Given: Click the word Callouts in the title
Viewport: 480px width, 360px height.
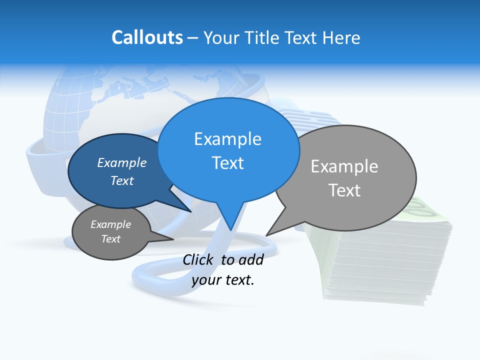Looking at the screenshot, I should pos(147,37).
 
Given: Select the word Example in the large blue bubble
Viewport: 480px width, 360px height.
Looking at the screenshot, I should pos(227,139).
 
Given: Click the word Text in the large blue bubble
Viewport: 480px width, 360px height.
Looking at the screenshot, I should pos(227,163).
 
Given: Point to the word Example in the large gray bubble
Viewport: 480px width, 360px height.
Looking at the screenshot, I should pos(344,166).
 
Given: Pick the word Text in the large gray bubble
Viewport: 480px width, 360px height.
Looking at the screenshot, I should pos(344,190).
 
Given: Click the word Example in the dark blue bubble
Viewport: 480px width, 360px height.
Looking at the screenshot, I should pos(122,162).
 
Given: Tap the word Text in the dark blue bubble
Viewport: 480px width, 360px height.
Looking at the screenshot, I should pos(122,180).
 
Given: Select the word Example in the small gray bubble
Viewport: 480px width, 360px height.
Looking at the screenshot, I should pos(111,224).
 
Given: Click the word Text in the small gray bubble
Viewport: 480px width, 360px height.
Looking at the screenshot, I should pos(111,239).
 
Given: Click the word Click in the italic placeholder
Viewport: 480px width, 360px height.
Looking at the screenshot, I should pos(198,259).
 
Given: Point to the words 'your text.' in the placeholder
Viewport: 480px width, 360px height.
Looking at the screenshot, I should pos(223,280).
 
